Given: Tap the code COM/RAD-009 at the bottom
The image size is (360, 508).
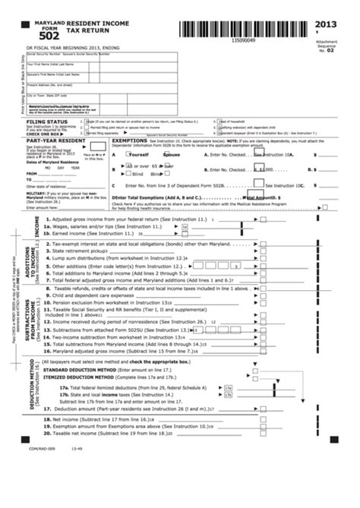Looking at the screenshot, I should tap(42, 469).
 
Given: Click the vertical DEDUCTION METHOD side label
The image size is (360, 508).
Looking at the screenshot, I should tap(32, 391).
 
